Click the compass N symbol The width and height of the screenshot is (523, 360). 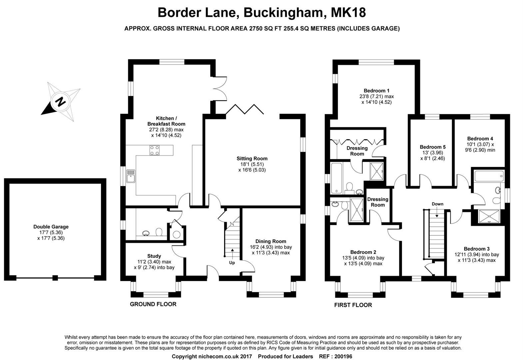click(60, 101)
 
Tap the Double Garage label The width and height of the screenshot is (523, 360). click(51, 227)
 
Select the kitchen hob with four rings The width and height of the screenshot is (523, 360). click(154, 150)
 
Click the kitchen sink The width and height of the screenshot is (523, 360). click(131, 176)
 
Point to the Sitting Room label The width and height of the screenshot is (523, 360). click(252, 158)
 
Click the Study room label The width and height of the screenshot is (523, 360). click(154, 256)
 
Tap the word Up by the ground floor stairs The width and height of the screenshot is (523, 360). click(232, 263)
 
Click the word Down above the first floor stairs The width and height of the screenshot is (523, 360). click(437, 204)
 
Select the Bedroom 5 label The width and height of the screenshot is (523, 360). click(432, 147)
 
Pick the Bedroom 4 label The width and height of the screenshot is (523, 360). click(480, 139)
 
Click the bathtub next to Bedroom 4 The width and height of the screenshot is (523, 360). click(489, 176)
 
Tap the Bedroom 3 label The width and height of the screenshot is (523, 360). click(477, 249)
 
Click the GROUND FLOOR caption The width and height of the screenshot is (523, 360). click(153, 304)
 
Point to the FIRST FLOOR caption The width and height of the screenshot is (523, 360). click(353, 305)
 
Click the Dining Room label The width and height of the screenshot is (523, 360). click(270, 241)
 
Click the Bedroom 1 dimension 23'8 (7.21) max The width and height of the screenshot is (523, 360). click(376, 96)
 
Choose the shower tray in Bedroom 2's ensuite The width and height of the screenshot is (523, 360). click(357, 210)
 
